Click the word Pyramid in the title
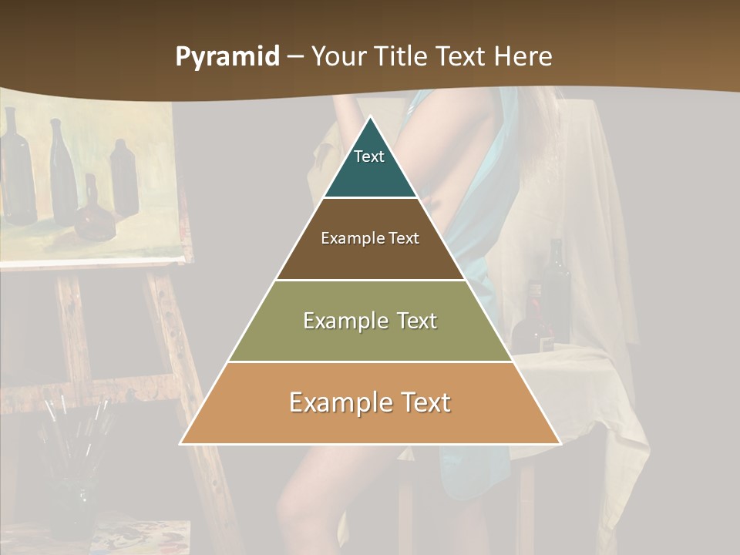(x=227, y=57)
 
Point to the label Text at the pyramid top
(x=369, y=156)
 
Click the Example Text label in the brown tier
(x=370, y=238)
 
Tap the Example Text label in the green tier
(x=370, y=321)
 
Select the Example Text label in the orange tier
(x=370, y=402)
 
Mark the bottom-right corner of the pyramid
(x=560, y=443)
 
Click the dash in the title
(x=295, y=57)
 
